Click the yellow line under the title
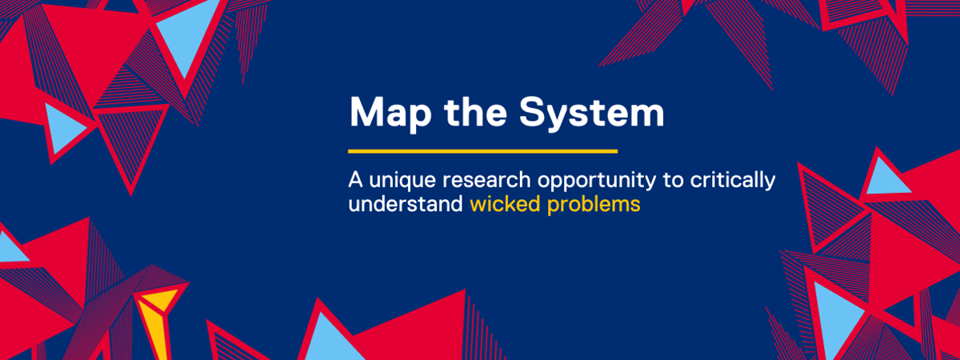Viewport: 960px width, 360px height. coord(483,150)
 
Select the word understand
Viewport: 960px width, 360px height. coord(405,204)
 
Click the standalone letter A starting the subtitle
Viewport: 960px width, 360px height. coord(354,181)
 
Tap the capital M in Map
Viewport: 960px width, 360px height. coord(364,114)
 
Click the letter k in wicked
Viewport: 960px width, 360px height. coord(511,203)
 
